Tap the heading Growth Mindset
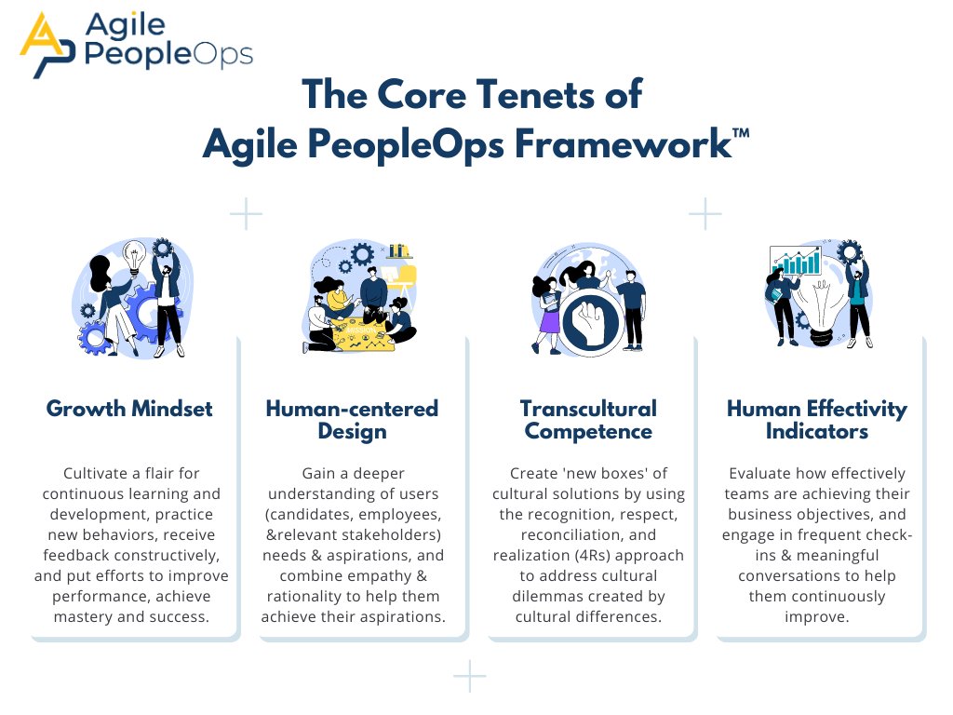[x=129, y=409]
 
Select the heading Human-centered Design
[x=352, y=420]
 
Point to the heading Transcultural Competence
[x=587, y=420]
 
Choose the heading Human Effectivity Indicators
[x=816, y=420]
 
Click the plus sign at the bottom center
[x=470, y=676]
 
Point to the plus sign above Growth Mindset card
[x=246, y=213]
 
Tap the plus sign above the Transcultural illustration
[x=705, y=213]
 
